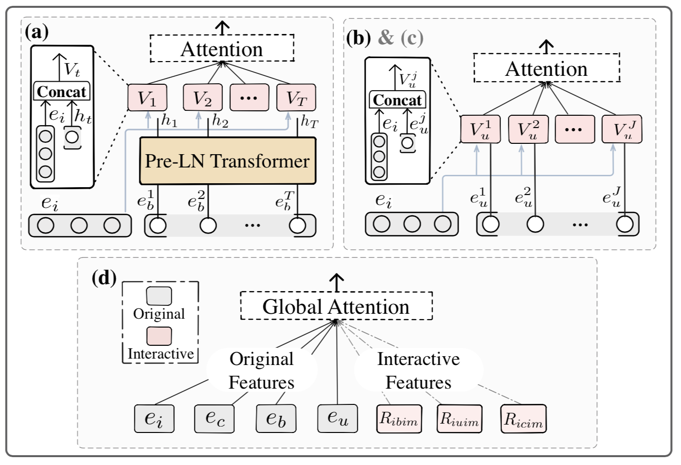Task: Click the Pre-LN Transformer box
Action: (227, 161)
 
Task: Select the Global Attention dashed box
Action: (336, 306)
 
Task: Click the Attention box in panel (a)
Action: (221, 49)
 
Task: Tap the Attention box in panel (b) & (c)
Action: (546, 68)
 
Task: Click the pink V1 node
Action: (147, 98)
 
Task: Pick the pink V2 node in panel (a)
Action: (202, 98)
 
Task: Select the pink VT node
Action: (296, 98)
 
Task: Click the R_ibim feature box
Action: (399, 419)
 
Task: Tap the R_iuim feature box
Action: (459, 419)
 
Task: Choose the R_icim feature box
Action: (524, 419)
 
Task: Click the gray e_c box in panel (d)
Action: (215, 418)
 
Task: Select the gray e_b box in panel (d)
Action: (276, 418)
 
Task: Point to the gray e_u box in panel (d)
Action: (337, 418)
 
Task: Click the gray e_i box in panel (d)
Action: (154, 418)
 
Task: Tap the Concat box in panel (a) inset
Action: (62, 92)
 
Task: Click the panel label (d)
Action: (104, 278)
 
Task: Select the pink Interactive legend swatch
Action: (159, 336)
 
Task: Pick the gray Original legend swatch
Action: (159, 296)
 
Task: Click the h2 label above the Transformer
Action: (220, 121)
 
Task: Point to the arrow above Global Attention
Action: (336, 282)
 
